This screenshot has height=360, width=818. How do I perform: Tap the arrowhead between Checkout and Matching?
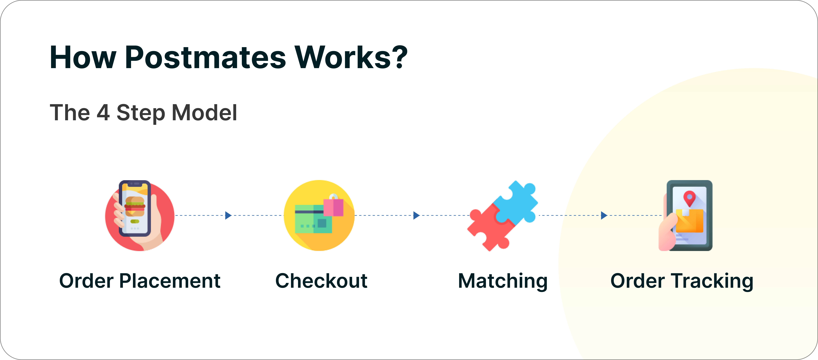(x=416, y=215)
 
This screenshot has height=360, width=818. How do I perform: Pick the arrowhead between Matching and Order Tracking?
(x=604, y=215)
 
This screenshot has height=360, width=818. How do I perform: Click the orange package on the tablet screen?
(x=689, y=221)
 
